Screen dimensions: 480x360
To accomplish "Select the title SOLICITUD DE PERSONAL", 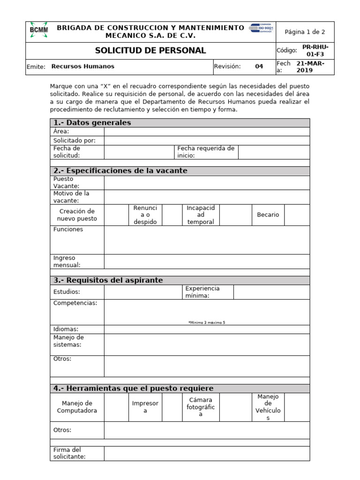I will coord(150,51).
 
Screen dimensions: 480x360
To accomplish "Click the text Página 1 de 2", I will coord(305,32).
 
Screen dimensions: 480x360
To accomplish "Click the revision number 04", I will coord(259,67).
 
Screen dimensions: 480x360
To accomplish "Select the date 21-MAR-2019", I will coord(310,67).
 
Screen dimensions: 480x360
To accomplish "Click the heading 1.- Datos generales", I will coord(92,123).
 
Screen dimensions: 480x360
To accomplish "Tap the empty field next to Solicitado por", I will coord(207,141).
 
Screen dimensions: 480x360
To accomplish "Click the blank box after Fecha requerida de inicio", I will coord(274,152).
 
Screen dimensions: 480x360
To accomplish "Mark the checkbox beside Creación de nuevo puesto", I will coord(116,215).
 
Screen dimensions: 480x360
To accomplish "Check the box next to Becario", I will coord(297,215).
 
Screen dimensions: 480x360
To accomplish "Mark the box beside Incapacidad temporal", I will coord(235,215).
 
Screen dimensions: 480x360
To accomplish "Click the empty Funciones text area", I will coord(207,240).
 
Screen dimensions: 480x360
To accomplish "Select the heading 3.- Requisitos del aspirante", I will coord(108,280).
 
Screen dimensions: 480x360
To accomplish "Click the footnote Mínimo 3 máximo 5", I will coord(207,322).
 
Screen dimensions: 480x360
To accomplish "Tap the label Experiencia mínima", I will coord(202,292).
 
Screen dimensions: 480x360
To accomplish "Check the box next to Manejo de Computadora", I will coord(116,407).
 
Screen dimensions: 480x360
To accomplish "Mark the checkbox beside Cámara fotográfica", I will coord(235,407).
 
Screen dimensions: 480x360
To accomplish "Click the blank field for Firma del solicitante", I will coord(207,453).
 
